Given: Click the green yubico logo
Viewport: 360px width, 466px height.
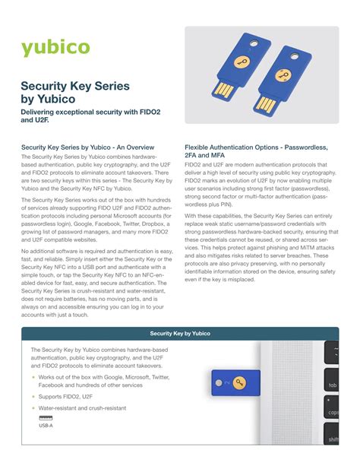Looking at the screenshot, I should [55, 48].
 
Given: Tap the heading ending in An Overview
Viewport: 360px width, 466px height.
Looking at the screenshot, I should [88, 146].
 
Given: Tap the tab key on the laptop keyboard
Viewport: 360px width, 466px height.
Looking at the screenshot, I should [334, 385].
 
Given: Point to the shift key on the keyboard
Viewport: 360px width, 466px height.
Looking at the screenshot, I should [334, 439].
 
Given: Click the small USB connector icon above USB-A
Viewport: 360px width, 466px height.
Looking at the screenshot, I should [46, 418].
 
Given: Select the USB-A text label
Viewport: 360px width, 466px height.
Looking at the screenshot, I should [46, 426].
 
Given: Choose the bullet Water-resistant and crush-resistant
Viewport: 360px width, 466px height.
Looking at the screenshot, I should [82, 408].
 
